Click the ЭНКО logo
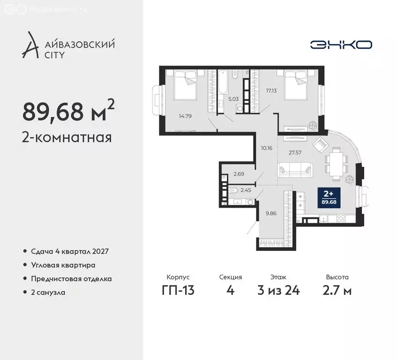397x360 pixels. pos(341,45)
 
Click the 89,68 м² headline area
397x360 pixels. pos(68,111)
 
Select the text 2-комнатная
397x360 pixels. pos(67,138)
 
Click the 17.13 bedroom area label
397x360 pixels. pos(272,91)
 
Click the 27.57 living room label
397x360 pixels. pos(295,152)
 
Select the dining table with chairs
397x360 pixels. pos(336,162)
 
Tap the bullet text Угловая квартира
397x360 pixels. pos(63,265)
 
